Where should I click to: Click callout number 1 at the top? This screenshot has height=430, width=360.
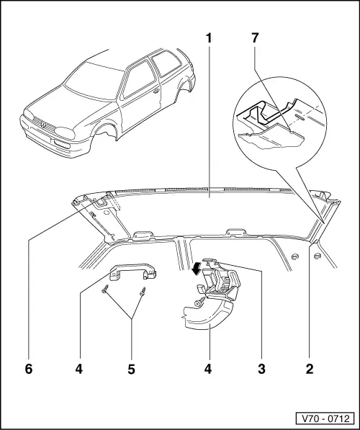[210, 36]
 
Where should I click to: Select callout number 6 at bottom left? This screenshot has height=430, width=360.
[29, 369]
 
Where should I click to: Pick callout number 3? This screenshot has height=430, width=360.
[262, 369]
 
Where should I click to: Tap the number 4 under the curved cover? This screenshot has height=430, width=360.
[210, 369]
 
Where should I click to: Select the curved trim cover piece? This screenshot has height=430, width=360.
[205, 317]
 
